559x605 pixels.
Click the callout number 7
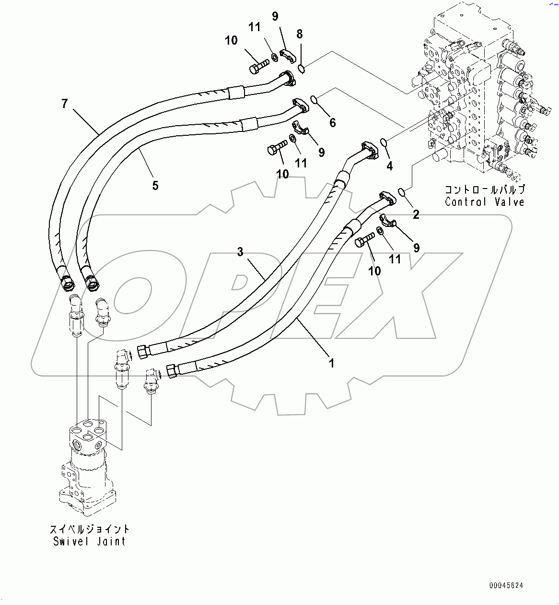[x=65, y=103]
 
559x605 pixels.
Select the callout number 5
[x=155, y=185]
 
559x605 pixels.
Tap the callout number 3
[x=240, y=251]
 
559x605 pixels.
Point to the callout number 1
[x=331, y=363]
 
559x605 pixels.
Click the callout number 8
[x=300, y=34]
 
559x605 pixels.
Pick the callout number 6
[x=332, y=122]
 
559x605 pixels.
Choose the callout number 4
[x=389, y=166]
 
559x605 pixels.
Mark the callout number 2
[x=416, y=214]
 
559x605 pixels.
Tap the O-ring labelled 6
[x=314, y=100]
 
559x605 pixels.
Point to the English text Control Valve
[x=485, y=202]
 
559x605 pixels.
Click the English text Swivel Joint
[x=89, y=541]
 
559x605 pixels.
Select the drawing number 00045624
[x=506, y=585]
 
